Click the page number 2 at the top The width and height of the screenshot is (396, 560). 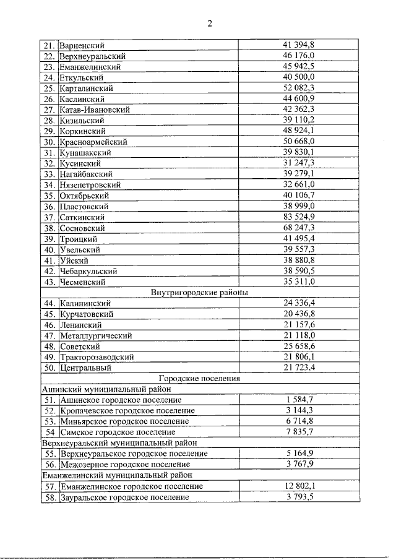pos(210,24)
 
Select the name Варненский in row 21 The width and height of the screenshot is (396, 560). pos(82,45)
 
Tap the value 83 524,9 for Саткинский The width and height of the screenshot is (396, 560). pos(299,217)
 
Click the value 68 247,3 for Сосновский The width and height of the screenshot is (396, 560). pos(299,228)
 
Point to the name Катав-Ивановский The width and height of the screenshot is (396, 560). pos(95,110)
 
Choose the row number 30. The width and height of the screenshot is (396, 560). pos(49,142)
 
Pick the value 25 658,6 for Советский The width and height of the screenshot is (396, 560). pos(299,346)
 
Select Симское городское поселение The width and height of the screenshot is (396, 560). pos(118,432)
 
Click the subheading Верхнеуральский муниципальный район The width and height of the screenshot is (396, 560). pos(119,443)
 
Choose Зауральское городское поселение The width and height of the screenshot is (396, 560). pos(124,497)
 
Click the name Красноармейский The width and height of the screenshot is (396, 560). pos(91,142)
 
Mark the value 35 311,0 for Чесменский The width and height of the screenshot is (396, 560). pos(299,282)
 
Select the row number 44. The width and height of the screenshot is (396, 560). pos(49,303)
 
